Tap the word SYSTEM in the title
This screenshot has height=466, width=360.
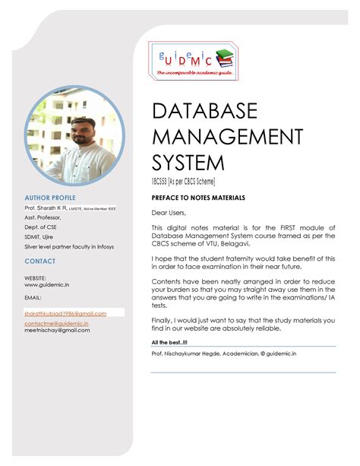point(188,163)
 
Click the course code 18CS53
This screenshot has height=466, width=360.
point(162,180)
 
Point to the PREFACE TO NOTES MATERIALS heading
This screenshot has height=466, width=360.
point(198,198)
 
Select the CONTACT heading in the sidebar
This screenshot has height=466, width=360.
point(39,261)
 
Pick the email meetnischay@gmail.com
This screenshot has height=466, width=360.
point(57,331)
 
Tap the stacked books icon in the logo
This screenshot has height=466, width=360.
point(226,59)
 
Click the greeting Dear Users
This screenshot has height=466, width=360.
point(168,212)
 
